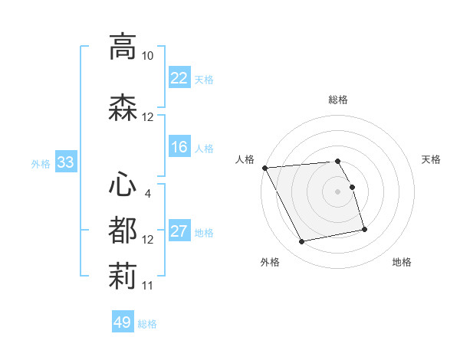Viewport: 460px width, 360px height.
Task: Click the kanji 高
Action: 123,47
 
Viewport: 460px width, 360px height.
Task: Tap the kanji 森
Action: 123,108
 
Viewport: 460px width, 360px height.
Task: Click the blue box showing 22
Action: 179,78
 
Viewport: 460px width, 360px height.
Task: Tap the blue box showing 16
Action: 179,147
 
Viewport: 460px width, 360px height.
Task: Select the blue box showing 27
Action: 179,231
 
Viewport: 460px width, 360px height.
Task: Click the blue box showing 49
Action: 122,322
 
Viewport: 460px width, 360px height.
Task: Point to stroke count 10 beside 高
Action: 147,56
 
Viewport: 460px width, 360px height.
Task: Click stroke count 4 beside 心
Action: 147,193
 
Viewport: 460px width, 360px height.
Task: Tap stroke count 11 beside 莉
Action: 147,285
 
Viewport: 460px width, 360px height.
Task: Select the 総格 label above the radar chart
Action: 338,100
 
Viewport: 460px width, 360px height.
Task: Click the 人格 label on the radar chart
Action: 245,159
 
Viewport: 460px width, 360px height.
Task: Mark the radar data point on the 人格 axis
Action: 264,168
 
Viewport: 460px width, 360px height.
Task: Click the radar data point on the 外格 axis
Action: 301,242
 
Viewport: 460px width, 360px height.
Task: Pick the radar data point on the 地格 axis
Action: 364,228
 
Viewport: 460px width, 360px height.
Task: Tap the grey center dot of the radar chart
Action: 338,191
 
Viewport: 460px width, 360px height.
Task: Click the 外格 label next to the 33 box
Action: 41,163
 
